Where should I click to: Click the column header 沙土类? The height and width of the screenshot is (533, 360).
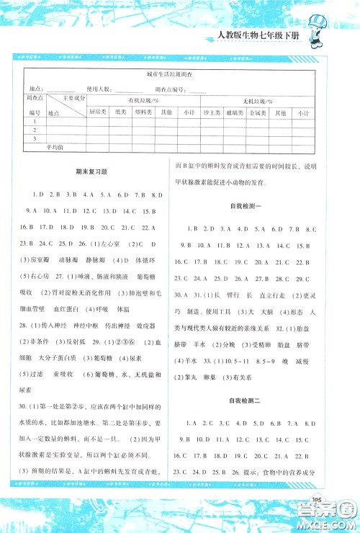(x=213, y=112)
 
